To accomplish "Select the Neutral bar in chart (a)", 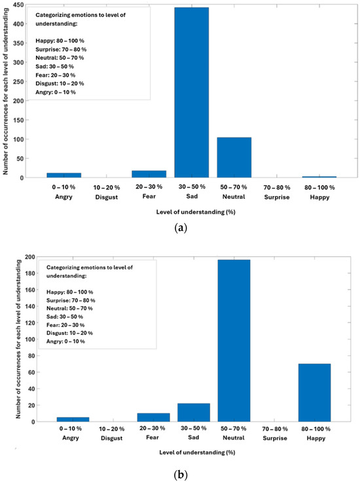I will coord(234,157).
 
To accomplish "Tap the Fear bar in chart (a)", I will coord(149,174).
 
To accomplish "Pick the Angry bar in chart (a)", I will coord(63,175).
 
